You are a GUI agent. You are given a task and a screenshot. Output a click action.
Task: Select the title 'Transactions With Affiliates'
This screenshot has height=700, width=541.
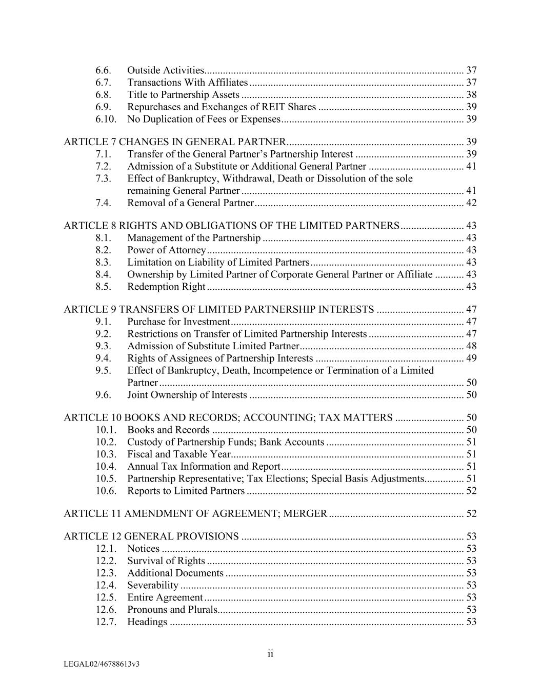tap(187, 83)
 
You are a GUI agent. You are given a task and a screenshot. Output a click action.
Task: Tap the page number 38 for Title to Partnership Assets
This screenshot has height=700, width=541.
tap(471, 95)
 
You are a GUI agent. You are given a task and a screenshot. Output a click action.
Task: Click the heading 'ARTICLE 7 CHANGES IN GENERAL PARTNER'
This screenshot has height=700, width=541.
tap(174, 142)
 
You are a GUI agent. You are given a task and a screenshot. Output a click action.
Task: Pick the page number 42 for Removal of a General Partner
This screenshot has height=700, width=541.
tap(471, 203)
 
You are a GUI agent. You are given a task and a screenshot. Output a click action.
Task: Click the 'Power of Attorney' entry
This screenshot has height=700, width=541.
tap(166, 250)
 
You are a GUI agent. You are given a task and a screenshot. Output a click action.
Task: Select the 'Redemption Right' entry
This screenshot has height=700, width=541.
tap(166, 287)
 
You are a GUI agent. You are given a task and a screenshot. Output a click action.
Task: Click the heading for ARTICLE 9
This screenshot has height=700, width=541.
tap(218, 310)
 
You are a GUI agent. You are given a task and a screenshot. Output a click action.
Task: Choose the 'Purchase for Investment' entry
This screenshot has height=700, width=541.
tap(178, 322)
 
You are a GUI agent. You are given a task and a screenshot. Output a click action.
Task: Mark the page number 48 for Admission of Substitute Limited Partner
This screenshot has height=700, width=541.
tap(471, 346)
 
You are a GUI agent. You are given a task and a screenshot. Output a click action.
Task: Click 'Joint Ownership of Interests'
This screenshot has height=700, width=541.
tap(187, 395)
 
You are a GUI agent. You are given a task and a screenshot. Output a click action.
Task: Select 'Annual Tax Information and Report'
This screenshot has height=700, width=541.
tap(204, 467)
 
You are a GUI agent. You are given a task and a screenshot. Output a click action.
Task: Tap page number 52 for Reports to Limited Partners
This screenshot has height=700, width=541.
tap(471, 491)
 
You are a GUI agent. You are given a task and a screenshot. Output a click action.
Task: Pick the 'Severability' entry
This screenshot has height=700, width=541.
tap(152, 586)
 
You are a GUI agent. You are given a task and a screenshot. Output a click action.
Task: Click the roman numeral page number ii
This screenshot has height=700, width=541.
tap(270, 654)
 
